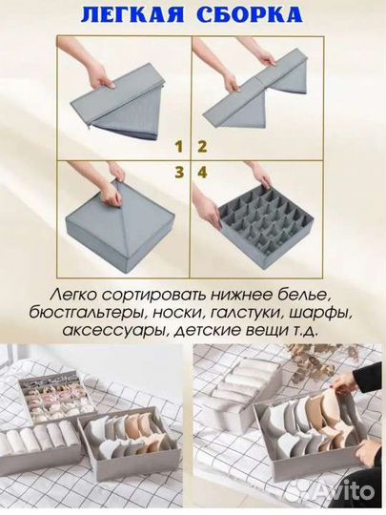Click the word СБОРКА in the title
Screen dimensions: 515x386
pos(255,15)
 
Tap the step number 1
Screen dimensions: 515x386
pos(177,147)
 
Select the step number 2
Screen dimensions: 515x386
pos(202,147)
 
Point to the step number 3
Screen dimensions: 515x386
pos(177,172)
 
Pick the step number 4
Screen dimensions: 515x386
pos(202,172)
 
